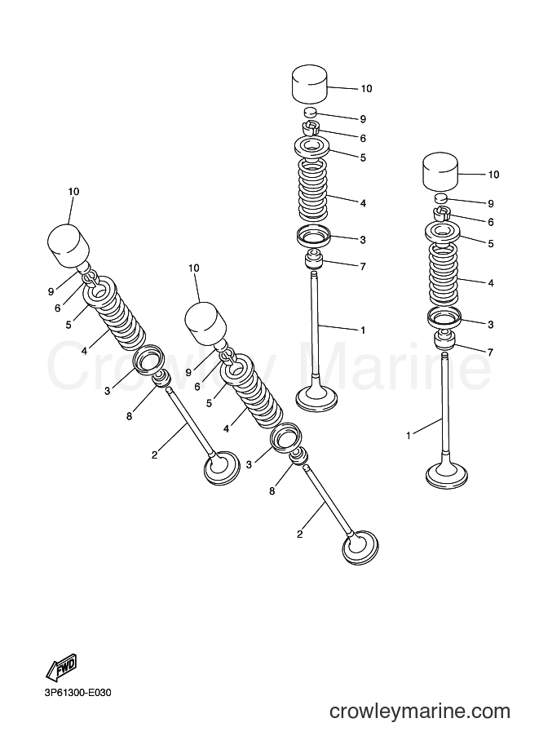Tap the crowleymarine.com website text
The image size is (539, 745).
420,712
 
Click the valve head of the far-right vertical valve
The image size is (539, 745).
446,476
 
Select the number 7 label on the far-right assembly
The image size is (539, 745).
490,352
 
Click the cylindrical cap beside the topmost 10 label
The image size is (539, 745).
310,85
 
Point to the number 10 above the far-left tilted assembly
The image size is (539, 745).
73,192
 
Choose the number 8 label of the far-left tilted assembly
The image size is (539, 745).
129,416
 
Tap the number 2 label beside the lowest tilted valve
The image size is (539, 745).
299,534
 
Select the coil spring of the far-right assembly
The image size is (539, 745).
444,273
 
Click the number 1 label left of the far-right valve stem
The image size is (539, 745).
408,435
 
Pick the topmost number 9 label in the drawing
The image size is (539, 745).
364,119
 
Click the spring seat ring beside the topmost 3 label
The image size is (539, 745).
312,237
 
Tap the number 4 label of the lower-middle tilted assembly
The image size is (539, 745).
226,428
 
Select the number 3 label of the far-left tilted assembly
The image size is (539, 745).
108,391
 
